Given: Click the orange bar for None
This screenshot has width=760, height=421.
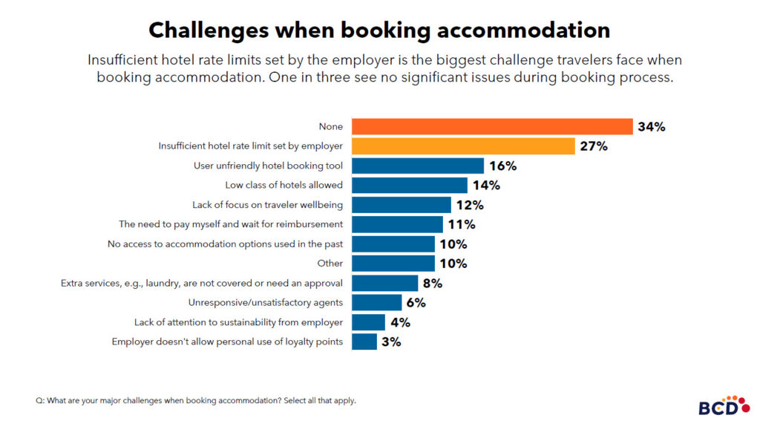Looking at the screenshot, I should click(492, 127).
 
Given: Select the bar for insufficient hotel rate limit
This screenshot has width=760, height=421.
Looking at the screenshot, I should click(463, 146).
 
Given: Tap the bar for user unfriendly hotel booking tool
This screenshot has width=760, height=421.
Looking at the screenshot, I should click(418, 166).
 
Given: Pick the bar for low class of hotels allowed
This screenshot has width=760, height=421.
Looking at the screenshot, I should click(410, 185).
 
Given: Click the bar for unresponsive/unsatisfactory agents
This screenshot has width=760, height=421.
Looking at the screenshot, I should click(377, 302).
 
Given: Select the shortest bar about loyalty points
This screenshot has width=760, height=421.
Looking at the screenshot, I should click(364, 342).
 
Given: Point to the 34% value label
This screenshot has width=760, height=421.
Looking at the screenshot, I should click(651, 127).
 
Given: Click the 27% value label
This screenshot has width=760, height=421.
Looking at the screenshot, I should click(594, 146).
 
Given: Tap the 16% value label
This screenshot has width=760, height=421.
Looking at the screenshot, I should click(503, 166).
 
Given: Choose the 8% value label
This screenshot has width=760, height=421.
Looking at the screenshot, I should click(433, 283).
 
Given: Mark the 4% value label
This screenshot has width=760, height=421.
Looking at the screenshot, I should click(400, 322).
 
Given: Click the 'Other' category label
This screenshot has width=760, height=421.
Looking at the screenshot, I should click(330, 264).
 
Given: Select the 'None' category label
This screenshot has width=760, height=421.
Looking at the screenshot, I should click(331, 127).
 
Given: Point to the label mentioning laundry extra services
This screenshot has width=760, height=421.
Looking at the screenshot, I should click(201, 283).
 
